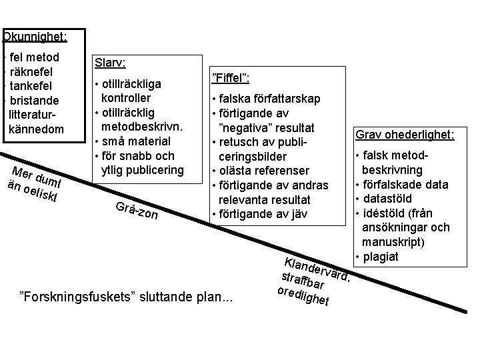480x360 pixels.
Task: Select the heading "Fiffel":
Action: pos(230,79)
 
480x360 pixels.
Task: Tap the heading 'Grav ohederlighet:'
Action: pos(405,135)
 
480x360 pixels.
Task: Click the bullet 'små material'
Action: pos(136,141)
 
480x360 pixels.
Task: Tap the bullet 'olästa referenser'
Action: pos(265,171)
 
